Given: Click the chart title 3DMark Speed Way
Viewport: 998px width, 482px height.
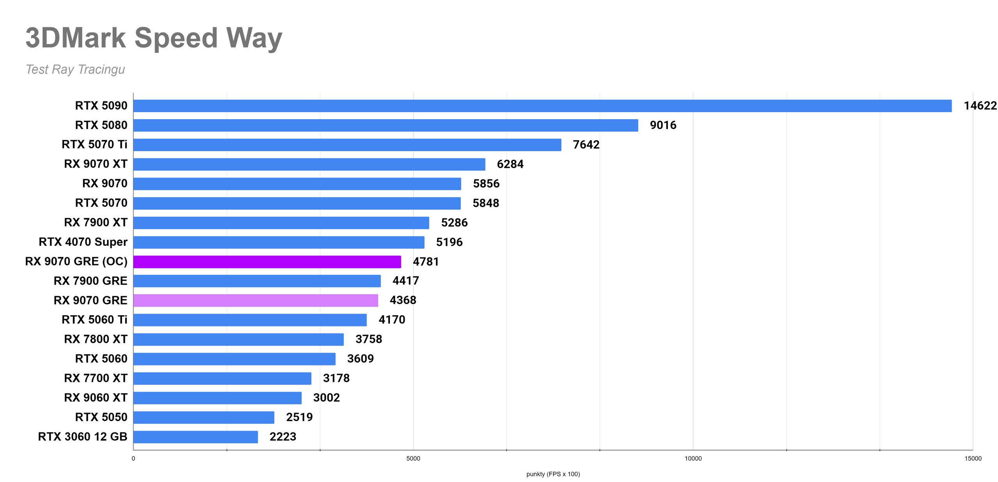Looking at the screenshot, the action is [154, 38].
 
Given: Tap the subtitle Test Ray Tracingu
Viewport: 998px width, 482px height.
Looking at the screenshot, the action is [75, 69].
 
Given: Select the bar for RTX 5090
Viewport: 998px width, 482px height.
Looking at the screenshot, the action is [542, 106].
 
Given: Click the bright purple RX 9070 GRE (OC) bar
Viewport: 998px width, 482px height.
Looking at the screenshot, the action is [267, 261].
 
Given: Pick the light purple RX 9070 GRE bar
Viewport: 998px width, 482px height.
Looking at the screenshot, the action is [256, 300].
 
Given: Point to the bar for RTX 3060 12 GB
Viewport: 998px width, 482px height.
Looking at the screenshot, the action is [196, 437].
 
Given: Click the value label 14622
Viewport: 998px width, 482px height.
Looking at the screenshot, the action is [980, 106].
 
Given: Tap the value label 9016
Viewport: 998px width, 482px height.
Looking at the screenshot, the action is [663, 125].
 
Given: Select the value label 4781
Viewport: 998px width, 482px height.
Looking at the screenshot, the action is [426, 261].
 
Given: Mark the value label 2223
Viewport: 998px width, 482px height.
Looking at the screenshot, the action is [283, 437].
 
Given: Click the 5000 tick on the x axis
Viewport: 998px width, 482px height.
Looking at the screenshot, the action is [413, 459].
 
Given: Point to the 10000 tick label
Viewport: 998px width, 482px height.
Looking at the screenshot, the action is [693, 459].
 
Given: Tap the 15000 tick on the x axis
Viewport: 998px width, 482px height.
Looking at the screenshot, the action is [973, 459].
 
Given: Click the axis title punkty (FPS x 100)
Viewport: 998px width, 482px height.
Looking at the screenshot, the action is [553, 474].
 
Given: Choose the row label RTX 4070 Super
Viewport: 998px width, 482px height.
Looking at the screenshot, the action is [83, 242].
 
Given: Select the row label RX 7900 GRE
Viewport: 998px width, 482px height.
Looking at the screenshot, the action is [90, 281].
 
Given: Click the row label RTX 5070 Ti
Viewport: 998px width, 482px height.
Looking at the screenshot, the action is [94, 145].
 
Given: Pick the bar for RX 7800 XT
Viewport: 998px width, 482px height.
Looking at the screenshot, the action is [239, 339].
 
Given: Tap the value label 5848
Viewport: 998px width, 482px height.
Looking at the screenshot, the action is [486, 203].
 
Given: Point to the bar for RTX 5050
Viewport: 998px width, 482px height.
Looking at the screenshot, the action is [204, 417].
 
